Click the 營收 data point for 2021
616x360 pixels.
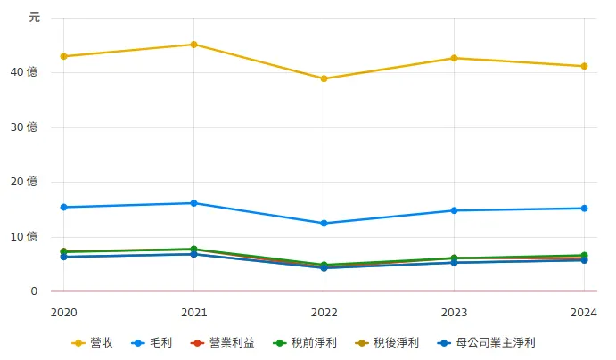coord(193,45)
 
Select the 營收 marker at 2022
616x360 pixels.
coord(324,78)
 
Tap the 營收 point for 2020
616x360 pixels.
coord(63,56)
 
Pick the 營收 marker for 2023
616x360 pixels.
coord(454,58)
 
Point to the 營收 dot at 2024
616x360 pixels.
coord(584,66)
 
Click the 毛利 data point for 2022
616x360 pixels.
coord(324,223)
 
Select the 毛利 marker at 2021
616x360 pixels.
coord(193,203)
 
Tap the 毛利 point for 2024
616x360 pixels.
coord(584,209)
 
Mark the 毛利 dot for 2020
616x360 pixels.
coord(63,207)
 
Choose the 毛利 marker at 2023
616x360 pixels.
coord(454,210)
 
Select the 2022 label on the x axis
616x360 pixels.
coord(324,312)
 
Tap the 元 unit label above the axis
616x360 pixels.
coord(34,17)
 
